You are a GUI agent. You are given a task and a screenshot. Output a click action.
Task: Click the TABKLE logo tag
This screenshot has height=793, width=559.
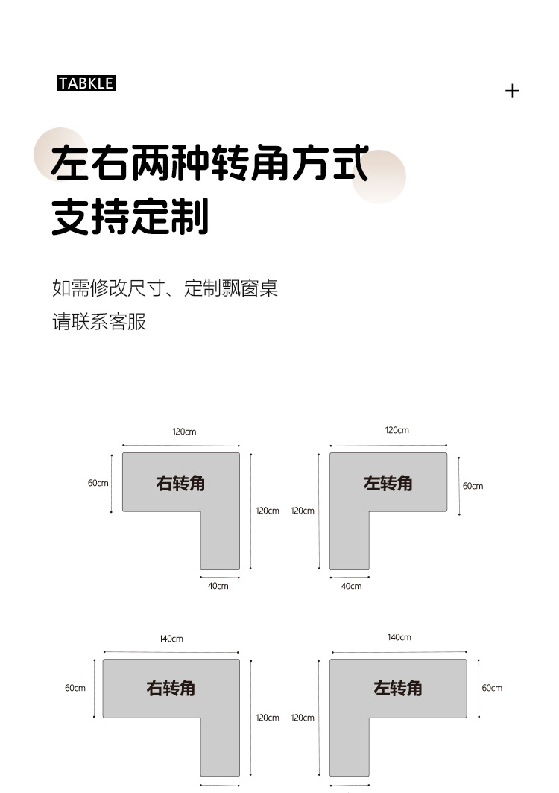[86, 83]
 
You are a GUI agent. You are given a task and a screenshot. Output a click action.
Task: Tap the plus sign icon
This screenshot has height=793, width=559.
[512, 91]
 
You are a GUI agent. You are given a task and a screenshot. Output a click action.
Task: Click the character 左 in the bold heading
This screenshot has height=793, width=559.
[71, 164]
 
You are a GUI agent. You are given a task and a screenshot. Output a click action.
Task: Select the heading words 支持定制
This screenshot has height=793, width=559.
[130, 217]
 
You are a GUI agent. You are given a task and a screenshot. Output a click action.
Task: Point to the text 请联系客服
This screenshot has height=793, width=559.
[99, 322]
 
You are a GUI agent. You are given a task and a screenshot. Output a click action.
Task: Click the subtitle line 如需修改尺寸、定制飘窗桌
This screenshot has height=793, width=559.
[165, 288]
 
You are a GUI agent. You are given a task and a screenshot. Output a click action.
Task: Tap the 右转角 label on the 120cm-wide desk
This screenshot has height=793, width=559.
[180, 484]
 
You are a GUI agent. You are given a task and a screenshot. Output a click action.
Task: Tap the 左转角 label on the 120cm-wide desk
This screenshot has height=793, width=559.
[388, 484]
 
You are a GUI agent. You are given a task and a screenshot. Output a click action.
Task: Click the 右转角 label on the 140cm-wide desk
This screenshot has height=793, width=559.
[171, 688]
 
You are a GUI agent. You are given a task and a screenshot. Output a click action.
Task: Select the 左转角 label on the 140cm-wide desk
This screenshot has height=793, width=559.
[398, 688]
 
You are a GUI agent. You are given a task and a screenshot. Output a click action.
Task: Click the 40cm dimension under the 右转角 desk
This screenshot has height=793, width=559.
[218, 587]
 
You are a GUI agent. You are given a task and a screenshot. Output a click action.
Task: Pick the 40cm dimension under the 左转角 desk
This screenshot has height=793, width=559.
[351, 587]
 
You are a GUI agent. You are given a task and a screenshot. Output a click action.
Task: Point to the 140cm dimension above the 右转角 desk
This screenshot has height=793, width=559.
[171, 639]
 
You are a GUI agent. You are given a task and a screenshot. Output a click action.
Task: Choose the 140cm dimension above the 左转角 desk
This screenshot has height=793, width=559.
[399, 637]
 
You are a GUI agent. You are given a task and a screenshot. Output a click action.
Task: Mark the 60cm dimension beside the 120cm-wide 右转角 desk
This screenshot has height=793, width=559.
[98, 483]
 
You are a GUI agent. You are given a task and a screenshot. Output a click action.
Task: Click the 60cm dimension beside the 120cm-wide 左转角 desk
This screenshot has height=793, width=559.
[473, 486]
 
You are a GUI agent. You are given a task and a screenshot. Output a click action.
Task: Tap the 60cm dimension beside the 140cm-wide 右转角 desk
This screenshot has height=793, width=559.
[75, 688]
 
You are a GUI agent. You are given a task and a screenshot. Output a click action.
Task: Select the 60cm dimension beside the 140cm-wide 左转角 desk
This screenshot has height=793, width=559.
[492, 688]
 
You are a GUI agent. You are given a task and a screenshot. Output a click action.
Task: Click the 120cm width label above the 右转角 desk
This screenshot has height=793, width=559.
[184, 432]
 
